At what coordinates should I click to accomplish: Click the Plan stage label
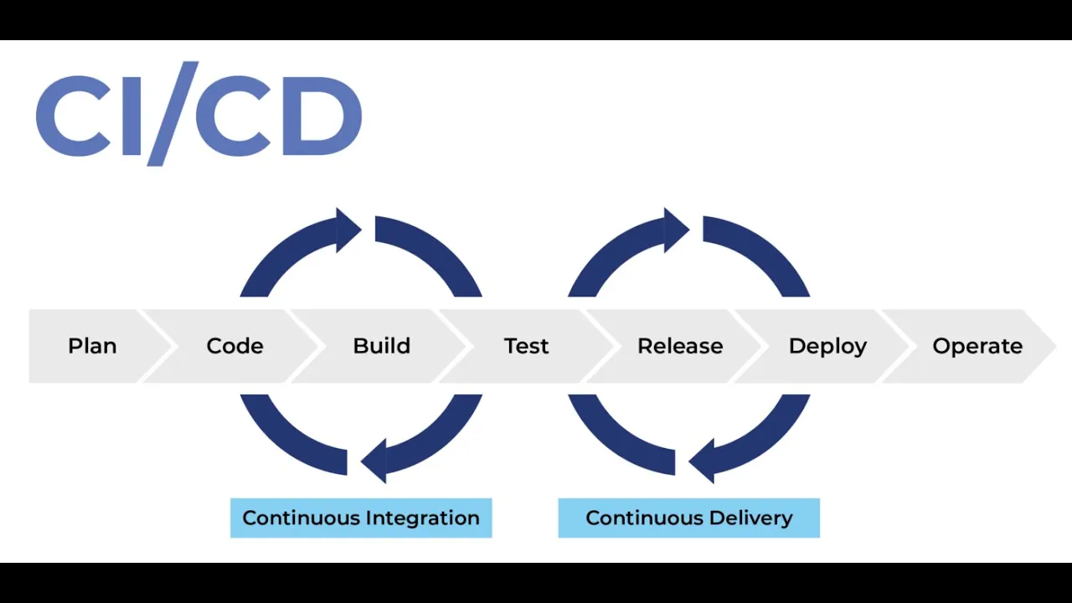(x=92, y=346)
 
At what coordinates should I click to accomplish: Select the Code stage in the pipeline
(x=234, y=346)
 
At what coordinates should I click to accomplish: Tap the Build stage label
(x=381, y=346)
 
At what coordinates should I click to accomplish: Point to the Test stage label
(x=526, y=346)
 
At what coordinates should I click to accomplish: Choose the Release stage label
(x=680, y=346)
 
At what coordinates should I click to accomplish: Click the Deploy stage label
(x=827, y=347)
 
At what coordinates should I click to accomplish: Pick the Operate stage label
(x=977, y=347)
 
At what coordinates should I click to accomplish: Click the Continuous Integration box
(x=361, y=518)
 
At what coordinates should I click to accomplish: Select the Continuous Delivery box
(x=688, y=518)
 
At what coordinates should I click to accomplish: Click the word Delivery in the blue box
(x=750, y=518)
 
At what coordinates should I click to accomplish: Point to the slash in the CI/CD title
(x=173, y=114)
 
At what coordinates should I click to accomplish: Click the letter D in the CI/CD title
(x=322, y=116)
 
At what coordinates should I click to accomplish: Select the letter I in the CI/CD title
(x=131, y=116)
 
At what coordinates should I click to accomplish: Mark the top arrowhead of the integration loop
(x=348, y=230)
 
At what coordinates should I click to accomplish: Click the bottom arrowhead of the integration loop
(x=374, y=461)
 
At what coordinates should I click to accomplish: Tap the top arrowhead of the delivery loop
(x=677, y=230)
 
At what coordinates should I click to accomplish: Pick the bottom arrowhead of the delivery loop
(x=702, y=461)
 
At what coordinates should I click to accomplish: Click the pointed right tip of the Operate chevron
(x=1055, y=346)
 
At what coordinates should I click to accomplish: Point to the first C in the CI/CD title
(x=73, y=116)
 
